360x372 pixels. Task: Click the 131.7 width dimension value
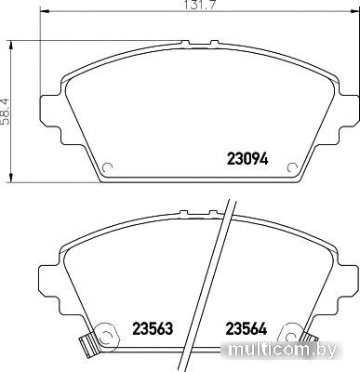tap(200, 6)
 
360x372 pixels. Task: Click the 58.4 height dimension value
tap(6, 112)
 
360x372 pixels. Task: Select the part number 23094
tap(247, 159)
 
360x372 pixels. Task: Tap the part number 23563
tap(153, 328)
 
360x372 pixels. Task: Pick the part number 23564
tap(247, 328)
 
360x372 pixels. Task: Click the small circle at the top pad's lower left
tap(107, 167)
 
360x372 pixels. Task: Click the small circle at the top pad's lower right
tap(292, 167)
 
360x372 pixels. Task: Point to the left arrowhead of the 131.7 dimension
tap(45, 12)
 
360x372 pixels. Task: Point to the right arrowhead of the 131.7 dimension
tap(354, 12)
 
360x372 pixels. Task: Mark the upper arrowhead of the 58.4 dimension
tap(11, 45)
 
